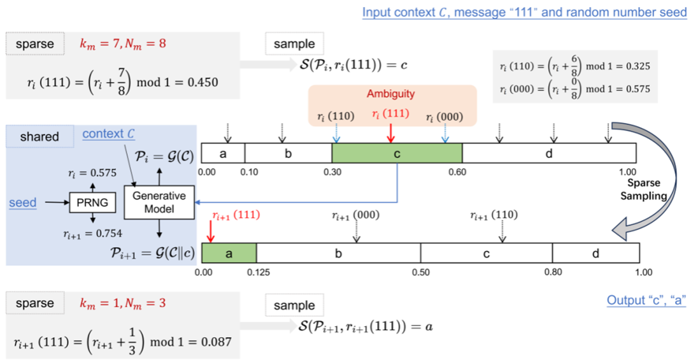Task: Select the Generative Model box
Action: coord(159,203)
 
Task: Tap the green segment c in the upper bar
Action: coord(397,154)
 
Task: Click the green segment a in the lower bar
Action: coord(229,253)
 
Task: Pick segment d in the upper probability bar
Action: coord(549,154)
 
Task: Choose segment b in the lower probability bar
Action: coord(338,253)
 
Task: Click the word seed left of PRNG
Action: coord(22,203)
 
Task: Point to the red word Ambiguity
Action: coord(390,94)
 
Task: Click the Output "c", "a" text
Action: coord(646,300)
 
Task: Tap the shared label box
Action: coord(39,136)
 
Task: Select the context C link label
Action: coord(108,134)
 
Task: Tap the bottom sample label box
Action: coord(294,306)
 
